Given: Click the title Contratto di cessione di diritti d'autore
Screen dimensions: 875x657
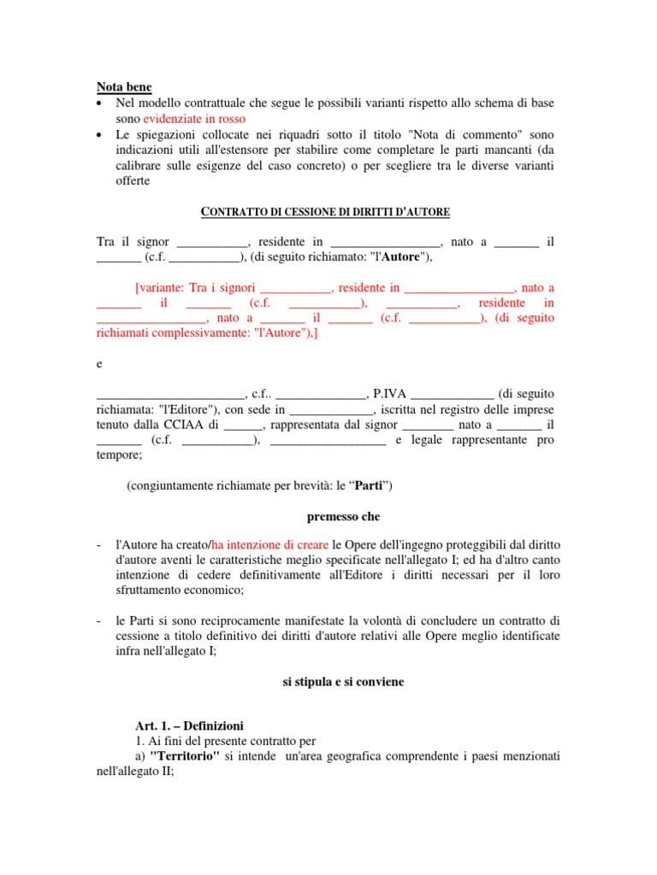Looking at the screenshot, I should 325,211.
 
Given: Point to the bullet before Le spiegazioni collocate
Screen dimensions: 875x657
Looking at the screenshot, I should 101,135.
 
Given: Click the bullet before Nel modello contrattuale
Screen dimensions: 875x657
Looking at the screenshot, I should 101,103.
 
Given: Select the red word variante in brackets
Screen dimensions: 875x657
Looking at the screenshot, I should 163,288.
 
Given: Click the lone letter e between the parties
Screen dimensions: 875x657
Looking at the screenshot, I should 99,364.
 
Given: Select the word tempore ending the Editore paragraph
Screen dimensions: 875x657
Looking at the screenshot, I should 119,455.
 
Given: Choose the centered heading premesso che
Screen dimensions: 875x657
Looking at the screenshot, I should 343,517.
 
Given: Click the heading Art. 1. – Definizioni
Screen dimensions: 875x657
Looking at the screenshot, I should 189,725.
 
